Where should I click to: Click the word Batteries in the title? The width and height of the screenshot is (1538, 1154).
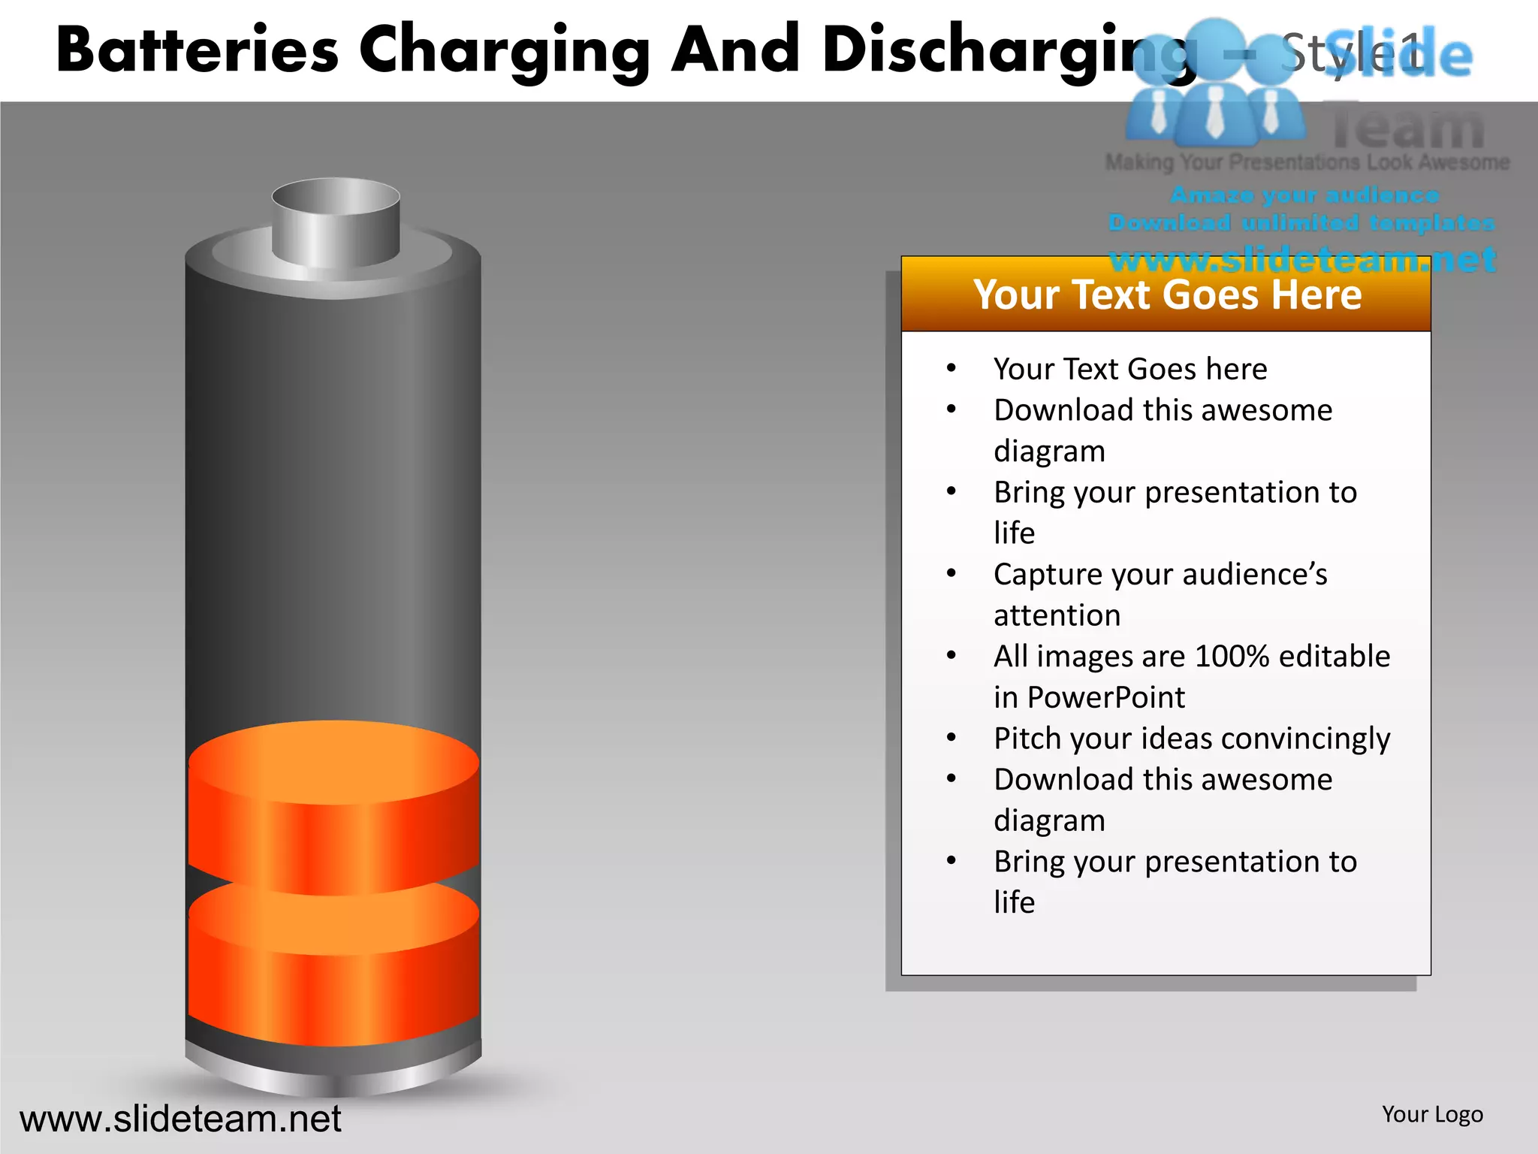tap(198, 51)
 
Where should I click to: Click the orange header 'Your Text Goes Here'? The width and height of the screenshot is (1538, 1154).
tap(1166, 295)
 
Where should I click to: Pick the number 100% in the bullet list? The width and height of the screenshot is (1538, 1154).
tap(1232, 657)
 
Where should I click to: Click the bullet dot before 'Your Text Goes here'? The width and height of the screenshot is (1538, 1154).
tap(951, 368)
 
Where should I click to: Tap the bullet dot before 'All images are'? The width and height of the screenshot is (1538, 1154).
tap(951, 656)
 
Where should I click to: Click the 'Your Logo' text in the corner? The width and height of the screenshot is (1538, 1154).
tap(1432, 1114)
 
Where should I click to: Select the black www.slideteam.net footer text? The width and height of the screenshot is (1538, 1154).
tap(180, 1119)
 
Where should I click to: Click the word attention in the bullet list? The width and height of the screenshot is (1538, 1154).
tap(1057, 616)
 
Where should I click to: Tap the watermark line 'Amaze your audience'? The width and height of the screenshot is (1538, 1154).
tap(1305, 195)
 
